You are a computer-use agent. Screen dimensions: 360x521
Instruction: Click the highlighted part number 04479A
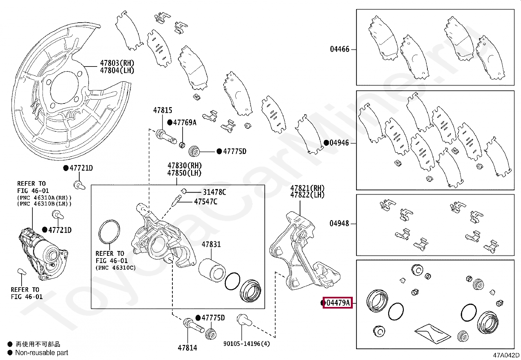[338, 303]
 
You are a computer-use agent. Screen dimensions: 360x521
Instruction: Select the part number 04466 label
[339, 49]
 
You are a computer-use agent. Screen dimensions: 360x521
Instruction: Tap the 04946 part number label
[339, 143]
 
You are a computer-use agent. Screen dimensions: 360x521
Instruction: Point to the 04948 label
[339, 223]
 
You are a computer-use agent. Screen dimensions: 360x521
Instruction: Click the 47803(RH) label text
[117, 63]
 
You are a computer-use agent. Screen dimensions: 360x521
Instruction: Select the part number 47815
[162, 110]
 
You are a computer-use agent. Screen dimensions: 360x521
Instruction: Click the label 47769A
[185, 123]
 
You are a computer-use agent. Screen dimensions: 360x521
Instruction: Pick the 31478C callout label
[214, 192]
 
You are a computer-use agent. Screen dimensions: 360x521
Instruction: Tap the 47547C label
[206, 201]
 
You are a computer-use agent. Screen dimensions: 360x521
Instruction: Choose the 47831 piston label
[211, 244]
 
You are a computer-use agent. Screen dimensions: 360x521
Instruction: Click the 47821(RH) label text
[307, 188]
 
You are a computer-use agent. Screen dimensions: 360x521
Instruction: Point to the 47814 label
[188, 348]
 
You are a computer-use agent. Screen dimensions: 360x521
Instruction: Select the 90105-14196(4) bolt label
[247, 344]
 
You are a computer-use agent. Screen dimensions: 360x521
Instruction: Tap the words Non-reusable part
[42, 353]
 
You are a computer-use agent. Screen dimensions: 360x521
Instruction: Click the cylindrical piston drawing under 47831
[211, 268]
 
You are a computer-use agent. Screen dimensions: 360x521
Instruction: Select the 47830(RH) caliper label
[185, 166]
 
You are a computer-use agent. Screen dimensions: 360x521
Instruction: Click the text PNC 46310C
[116, 268]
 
